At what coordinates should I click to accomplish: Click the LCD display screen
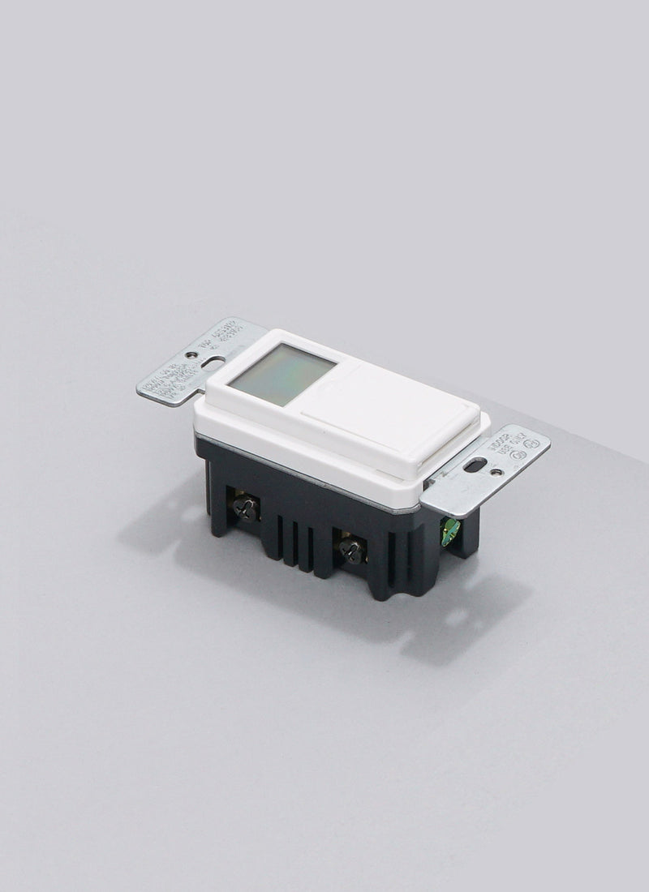(x=281, y=373)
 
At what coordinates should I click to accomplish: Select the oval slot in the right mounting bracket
(x=475, y=465)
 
